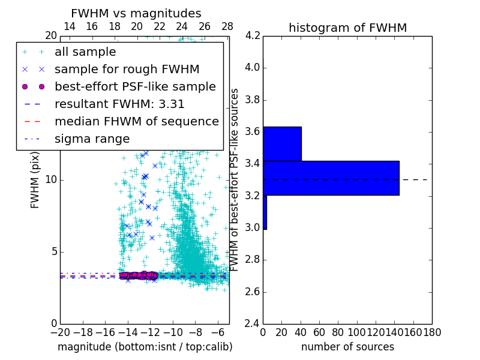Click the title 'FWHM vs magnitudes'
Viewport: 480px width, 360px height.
(x=136, y=13)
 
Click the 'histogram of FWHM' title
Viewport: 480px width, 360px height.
(x=347, y=28)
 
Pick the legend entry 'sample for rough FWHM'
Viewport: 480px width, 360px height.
(x=127, y=69)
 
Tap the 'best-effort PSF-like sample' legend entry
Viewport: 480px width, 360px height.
(x=135, y=86)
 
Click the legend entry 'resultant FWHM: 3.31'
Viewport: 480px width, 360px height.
(x=119, y=104)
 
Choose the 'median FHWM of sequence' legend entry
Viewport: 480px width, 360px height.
(x=136, y=121)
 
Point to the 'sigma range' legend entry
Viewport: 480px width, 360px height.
(x=92, y=139)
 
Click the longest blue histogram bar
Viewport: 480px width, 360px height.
(x=331, y=178)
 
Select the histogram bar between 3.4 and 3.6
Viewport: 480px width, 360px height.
(x=282, y=144)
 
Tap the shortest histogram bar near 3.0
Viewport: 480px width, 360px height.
(x=265, y=212)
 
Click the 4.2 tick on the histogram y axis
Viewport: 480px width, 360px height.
(x=253, y=35)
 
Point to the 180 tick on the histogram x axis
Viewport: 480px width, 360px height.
(x=432, y=332)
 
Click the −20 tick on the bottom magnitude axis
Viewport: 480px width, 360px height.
(x=60, y=332)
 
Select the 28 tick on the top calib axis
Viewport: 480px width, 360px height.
(x=227, y=26)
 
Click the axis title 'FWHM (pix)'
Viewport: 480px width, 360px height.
(x=35, y=181)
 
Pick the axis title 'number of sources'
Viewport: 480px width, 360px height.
(x=347, y=347)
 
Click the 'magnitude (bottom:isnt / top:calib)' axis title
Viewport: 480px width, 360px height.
(x=145, y=347)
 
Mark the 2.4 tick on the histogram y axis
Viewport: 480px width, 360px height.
(x=253, y=324)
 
